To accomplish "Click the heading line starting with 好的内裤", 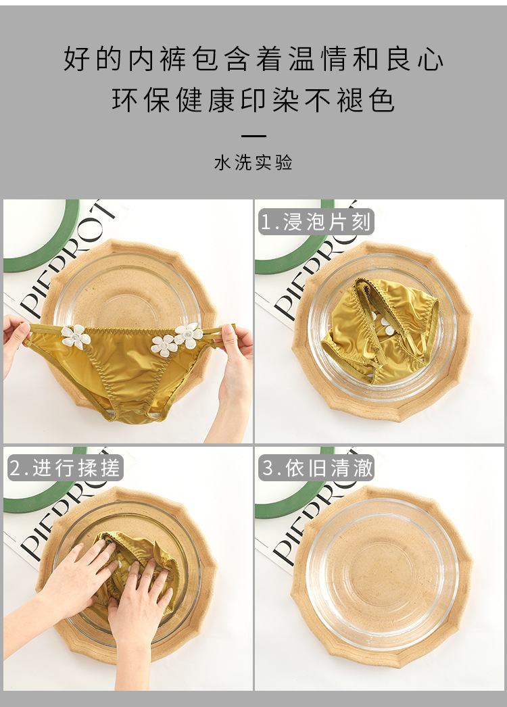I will tap(254, 59).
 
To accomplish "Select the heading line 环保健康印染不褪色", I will tap(254, 100).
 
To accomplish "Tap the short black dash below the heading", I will tap(254, 136).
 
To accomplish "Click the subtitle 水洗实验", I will tap(254, 163).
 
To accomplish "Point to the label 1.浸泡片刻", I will tap(316, 221).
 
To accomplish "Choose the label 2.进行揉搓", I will tap(66, 468).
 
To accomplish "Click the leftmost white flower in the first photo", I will tap(75, 336).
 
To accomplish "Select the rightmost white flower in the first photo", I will tap(187, 335).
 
